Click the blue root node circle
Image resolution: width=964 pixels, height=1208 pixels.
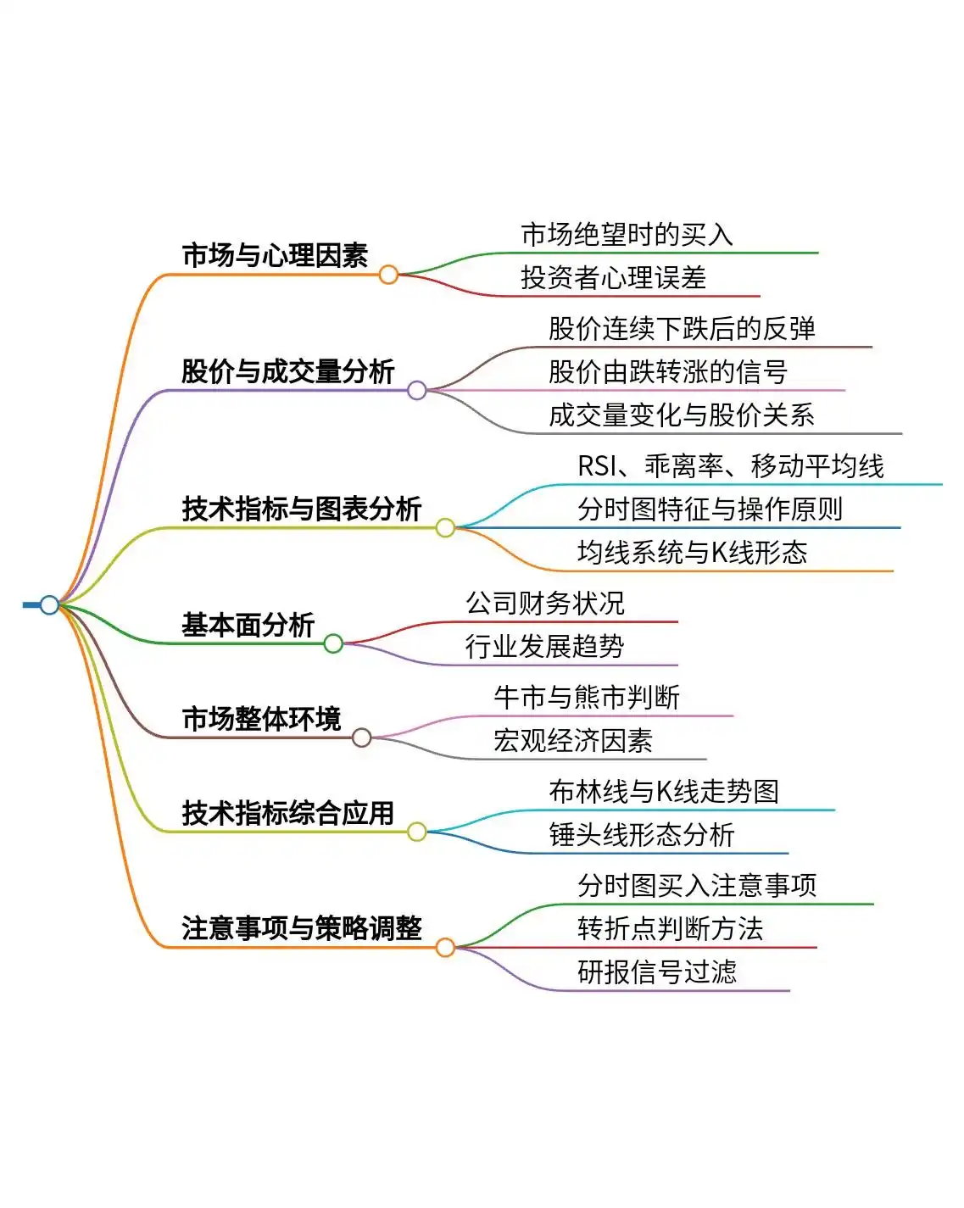(49, 604)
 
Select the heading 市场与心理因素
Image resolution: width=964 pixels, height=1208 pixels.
(275, 255)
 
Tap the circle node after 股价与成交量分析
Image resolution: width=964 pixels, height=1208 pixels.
(416, 390)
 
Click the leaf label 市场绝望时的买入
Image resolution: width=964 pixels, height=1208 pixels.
(627, 235)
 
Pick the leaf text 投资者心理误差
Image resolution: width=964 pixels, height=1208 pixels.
(613, 278)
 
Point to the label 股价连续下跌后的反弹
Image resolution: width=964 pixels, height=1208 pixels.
(682, 329)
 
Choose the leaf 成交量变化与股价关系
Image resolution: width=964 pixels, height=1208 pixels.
(682, 415)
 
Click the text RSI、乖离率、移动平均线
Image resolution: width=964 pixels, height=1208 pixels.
(731, 466)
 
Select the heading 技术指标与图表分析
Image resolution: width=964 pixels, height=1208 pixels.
(301, 509)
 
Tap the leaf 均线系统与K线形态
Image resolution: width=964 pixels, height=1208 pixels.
(692, 553)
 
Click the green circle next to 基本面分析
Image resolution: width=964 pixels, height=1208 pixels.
(333, 643)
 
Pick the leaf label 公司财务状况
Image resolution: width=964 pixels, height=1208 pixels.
(545, 604)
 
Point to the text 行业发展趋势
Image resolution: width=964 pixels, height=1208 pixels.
(545, 647)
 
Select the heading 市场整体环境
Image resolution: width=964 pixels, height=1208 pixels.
(261, 719)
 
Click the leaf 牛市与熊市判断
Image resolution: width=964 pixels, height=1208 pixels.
(587, 698)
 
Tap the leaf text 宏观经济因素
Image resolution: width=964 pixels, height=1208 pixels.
(573, 741)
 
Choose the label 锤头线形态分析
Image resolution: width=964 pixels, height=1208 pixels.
(642, 835)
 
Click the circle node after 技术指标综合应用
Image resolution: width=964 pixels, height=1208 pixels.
(416, 832)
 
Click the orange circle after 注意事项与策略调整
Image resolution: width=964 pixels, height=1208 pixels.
(445, 947)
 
